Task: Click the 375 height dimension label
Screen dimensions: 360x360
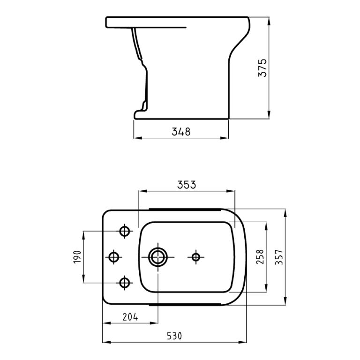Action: point(263,68)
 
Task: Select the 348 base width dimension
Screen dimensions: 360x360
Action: point(181,132)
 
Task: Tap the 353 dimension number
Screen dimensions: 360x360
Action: point(187,185)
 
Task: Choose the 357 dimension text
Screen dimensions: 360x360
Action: point(279,257)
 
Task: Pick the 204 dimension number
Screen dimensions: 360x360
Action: point(130,317)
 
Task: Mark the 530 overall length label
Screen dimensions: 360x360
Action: point(174,336)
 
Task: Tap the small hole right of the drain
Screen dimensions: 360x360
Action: point(196,256)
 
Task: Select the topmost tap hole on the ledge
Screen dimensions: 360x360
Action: point(125,231)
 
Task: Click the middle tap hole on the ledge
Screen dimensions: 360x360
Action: point(113,256)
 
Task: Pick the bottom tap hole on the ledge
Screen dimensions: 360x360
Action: point(125,282)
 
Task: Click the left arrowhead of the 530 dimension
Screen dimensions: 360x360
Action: point(105,342)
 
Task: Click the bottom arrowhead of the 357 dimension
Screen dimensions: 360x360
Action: point(285,302)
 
